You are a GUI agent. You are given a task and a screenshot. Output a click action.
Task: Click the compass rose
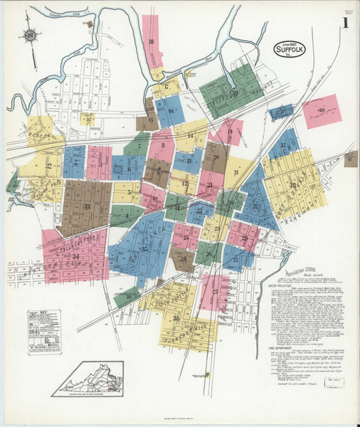tap(29, 34)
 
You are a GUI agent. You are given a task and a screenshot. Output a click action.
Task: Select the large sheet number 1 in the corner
tap(345, 23)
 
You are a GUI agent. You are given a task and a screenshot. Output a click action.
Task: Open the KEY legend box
tap(44, 331)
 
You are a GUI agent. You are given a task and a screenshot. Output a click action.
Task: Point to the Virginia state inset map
tap(91, 378)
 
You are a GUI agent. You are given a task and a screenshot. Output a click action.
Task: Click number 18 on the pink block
tap(151, 42)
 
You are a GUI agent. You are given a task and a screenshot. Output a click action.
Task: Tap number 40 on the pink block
tap(321, 110)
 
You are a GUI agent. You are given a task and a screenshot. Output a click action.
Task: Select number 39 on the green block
tap(234, 93)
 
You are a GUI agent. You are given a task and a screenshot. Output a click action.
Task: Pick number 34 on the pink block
tap(75, 255)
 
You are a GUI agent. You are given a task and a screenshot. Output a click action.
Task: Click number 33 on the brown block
tap(87, 207)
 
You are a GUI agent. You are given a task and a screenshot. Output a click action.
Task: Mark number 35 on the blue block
tap(144, 248)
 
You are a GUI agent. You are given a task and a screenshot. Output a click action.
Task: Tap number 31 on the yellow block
tap(235, 172)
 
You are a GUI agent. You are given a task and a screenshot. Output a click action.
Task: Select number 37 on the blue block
tap(282, 145)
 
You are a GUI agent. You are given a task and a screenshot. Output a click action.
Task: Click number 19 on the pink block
tap(231, 131)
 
